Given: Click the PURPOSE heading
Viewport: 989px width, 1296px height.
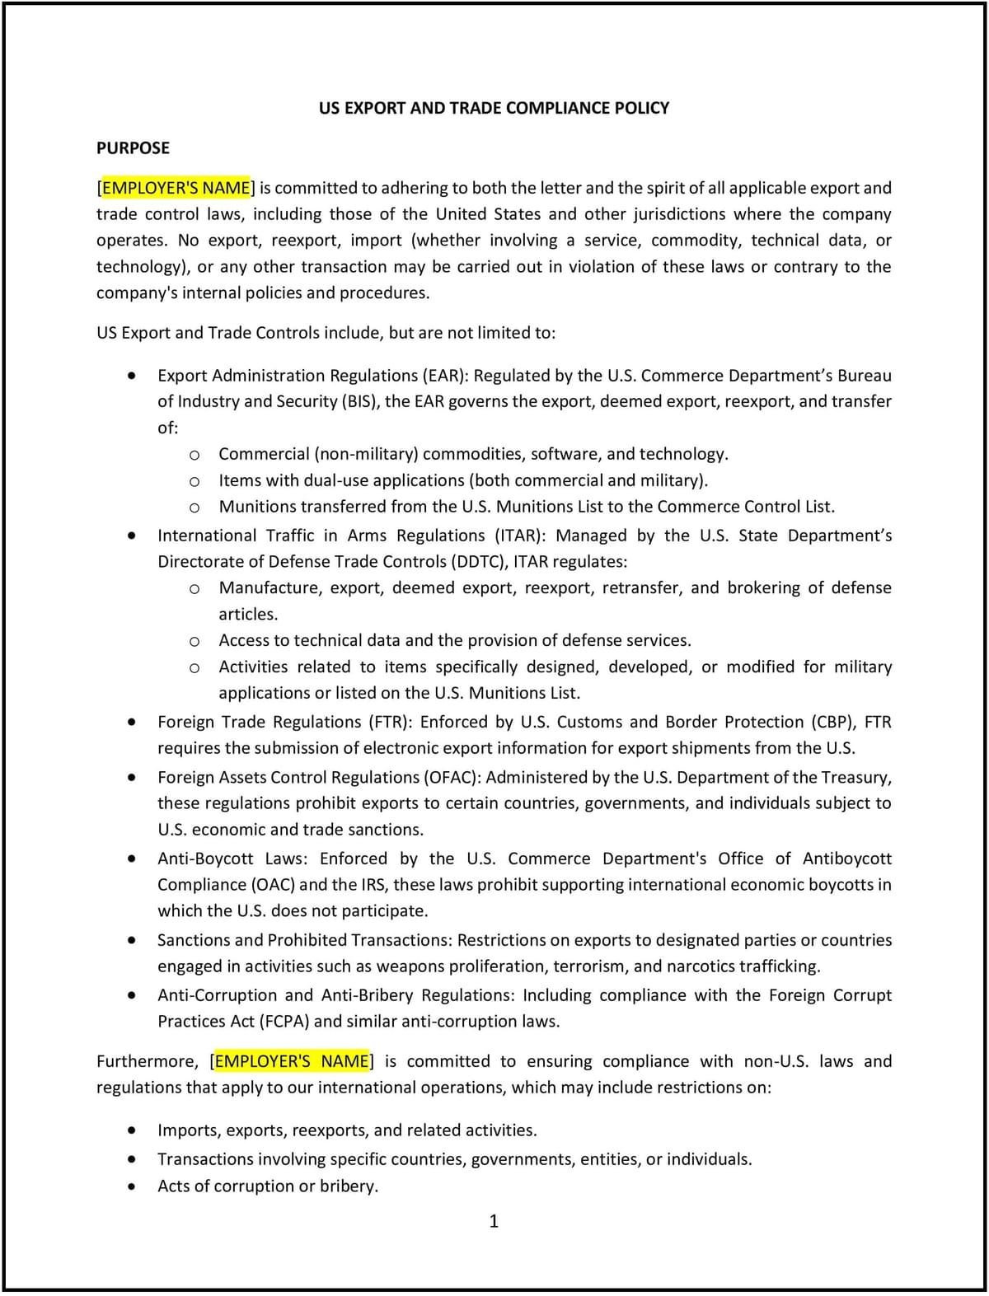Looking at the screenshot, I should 133,148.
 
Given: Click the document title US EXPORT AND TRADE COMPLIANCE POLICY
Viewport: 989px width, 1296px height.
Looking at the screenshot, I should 494,108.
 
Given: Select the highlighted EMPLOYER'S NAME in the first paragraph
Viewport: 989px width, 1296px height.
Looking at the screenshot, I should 176,188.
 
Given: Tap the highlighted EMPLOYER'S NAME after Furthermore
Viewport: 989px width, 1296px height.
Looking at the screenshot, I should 292,1061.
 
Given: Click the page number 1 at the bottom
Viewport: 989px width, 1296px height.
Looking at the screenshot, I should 494,1221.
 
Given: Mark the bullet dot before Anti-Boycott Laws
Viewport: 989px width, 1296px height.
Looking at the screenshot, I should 132,859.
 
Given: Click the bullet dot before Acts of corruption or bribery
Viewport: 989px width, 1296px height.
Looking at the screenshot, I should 132,1187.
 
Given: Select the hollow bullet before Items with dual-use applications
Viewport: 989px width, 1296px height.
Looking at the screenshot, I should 195,481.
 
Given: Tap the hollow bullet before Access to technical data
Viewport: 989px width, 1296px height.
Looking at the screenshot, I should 195,641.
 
